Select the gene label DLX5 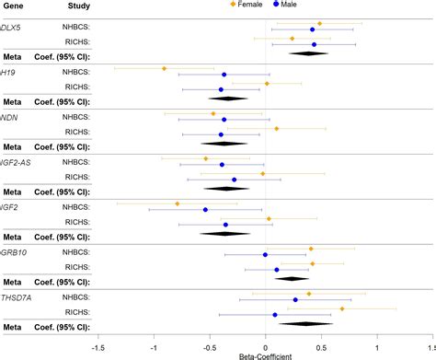tap(12, 29)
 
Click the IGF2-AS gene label tap(17, 163)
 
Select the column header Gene tap(13, 6)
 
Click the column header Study tap(77, 6)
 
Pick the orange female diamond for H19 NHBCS tap(165, 68)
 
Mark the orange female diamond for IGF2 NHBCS tap(178, 203)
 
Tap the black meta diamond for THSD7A tap(306, 323)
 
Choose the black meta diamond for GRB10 tap(293, 278)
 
